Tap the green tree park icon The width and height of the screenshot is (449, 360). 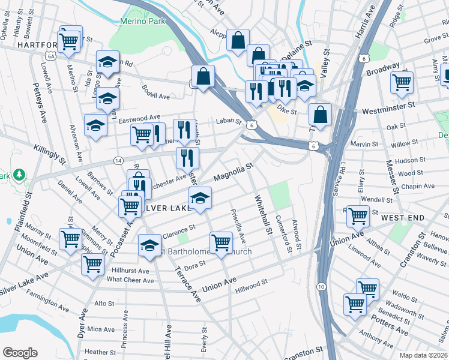20,175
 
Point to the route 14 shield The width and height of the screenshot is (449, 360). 118,161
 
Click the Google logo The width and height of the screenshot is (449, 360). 20,353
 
